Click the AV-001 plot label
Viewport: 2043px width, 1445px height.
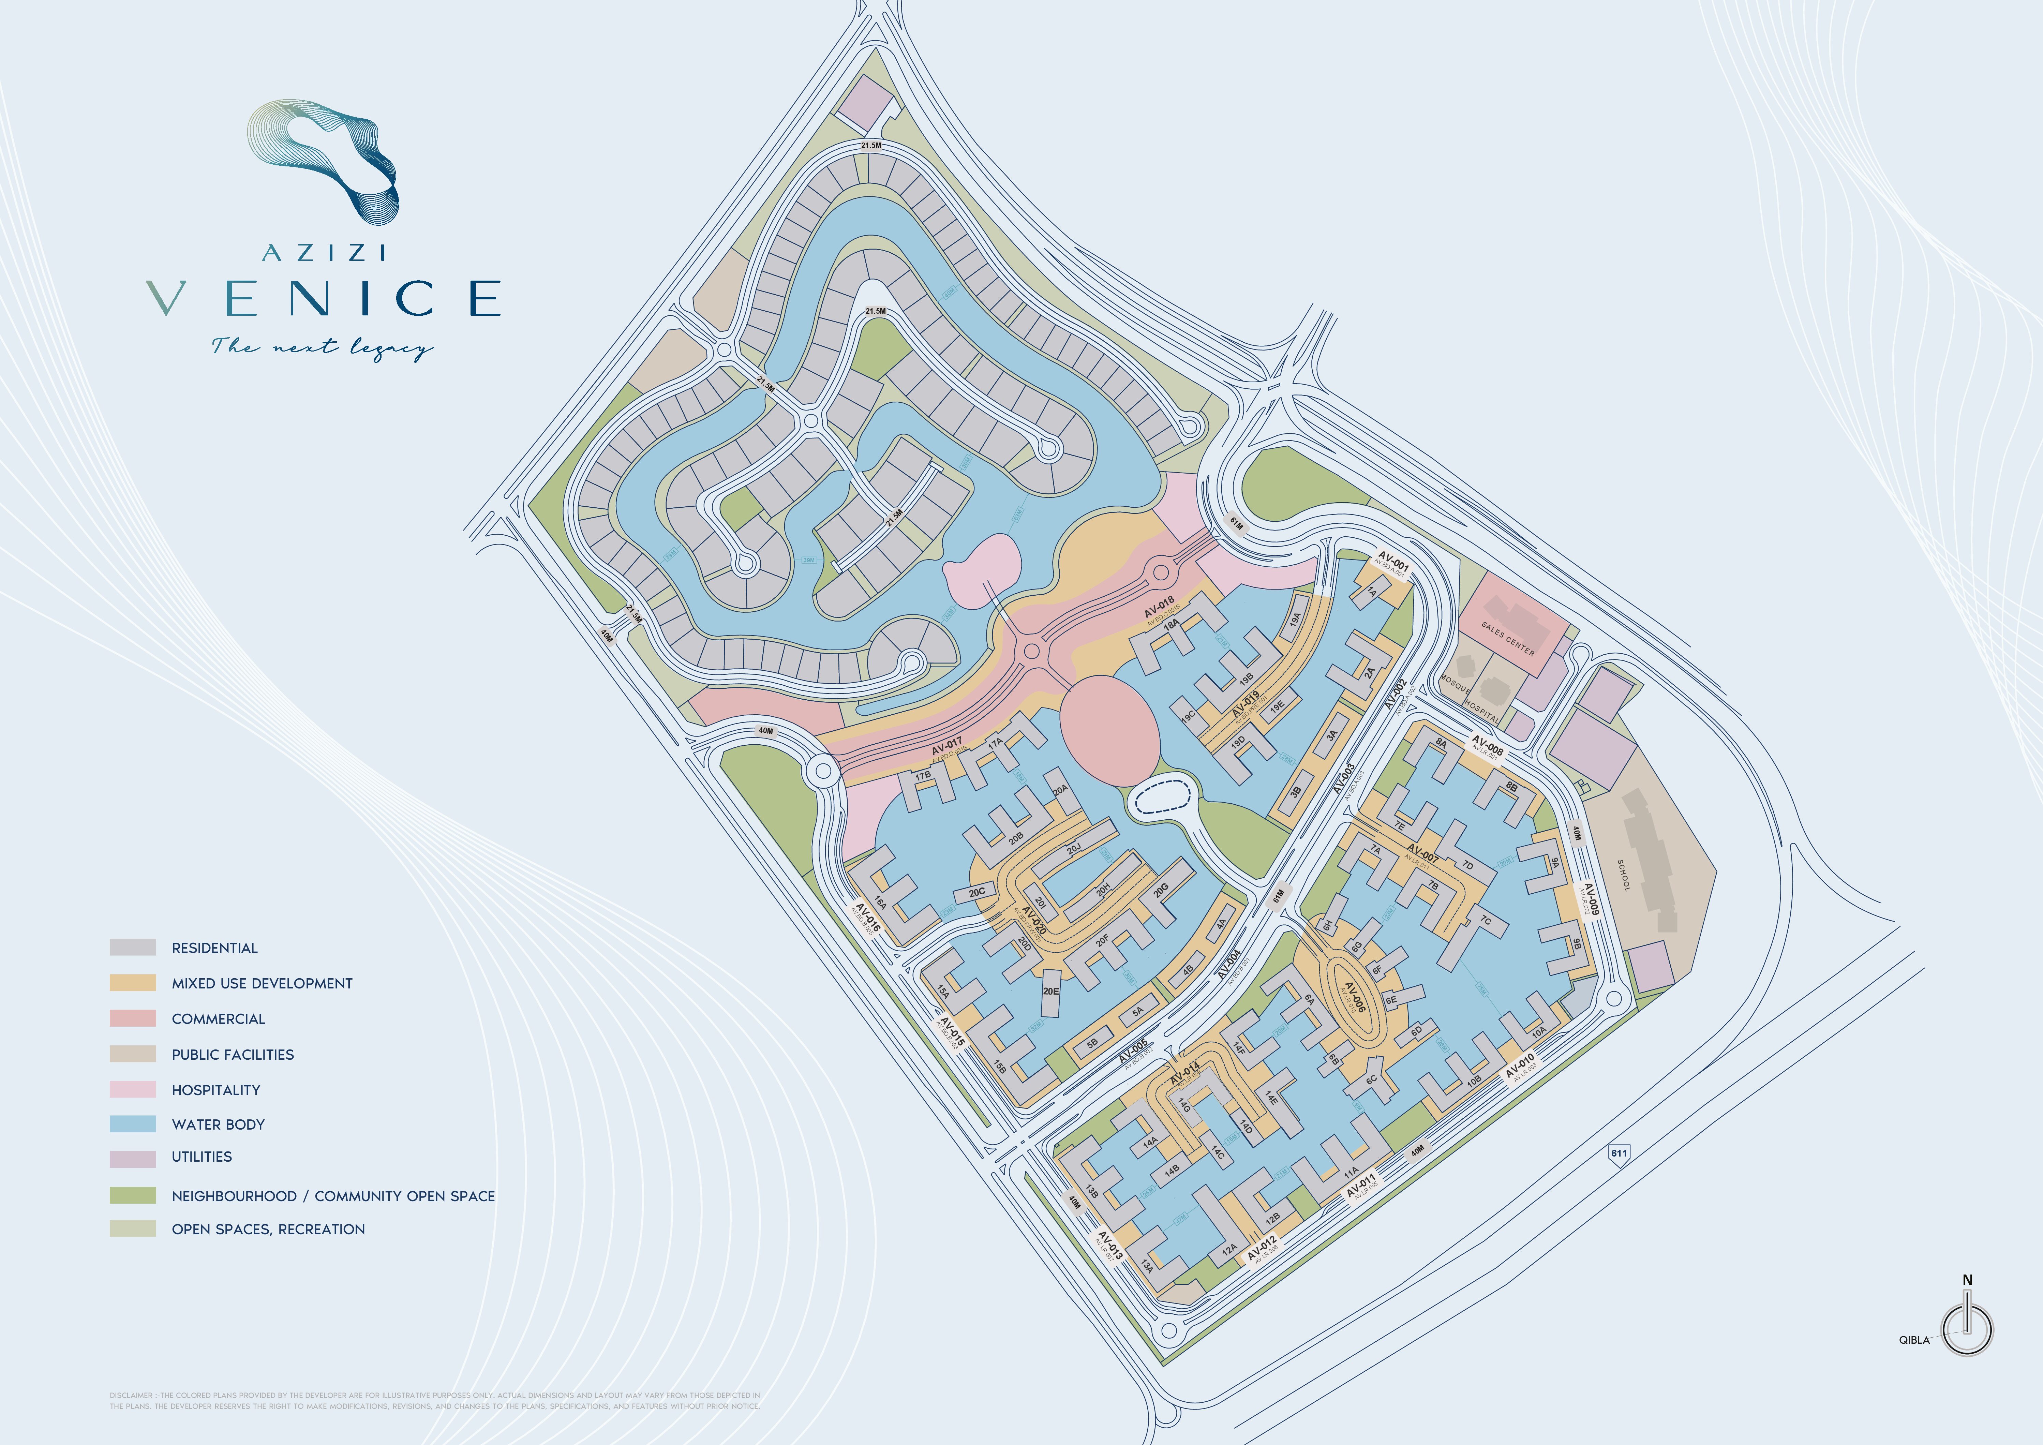(1393, 563)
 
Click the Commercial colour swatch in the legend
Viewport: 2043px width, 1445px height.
(133, 1019)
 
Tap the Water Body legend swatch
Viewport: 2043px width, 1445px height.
(133, 1124)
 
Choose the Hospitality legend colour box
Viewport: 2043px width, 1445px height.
(133, 1089)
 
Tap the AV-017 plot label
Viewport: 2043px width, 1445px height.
(947, 746)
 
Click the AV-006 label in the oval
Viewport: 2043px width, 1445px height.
(1353, 997)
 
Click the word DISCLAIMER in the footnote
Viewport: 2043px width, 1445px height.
(131, 1395)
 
